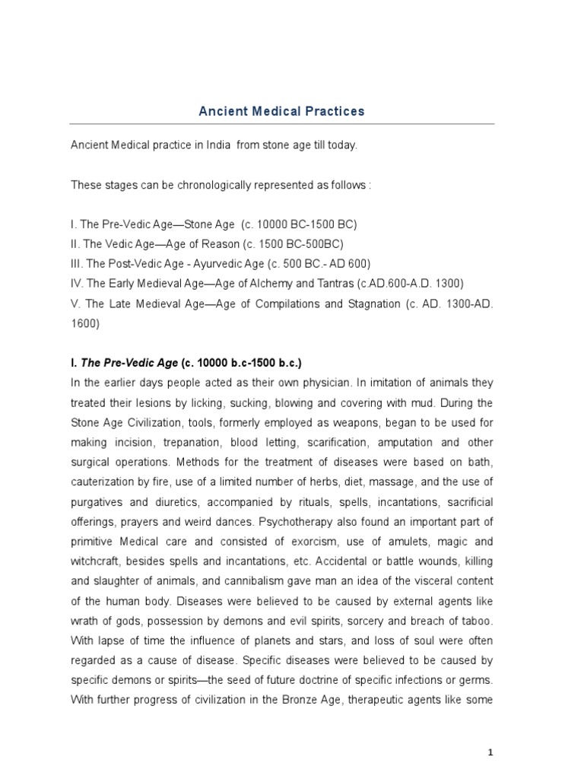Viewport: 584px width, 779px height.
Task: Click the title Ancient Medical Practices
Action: tap(281, 111)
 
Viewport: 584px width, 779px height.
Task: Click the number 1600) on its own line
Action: tap(84, 323)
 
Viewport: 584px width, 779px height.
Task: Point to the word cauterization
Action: tap(102, 482)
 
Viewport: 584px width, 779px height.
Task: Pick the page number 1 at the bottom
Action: tap(491, 752)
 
